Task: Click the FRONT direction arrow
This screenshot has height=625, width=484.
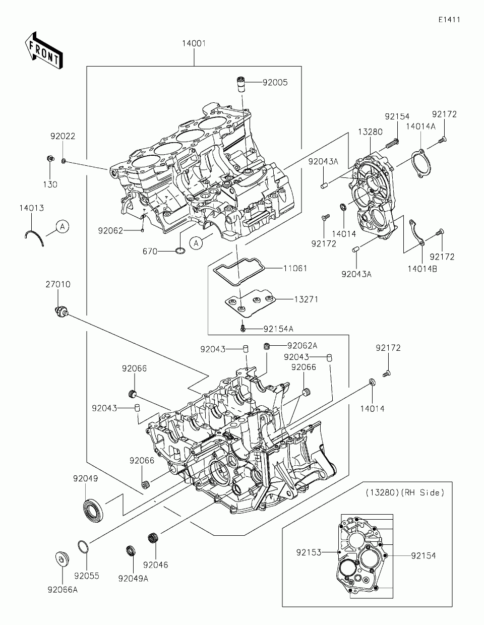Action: (x=43, y=50)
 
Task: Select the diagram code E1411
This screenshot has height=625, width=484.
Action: (x=449, y=20)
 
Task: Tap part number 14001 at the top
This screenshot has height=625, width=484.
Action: (x=194, y=44)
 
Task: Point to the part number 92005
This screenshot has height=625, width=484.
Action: (x=275, y=82)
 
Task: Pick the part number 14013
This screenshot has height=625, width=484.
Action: (x=32, y=208)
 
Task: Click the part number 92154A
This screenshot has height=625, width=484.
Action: (x=278, y=329)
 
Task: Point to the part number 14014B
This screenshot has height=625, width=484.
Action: (x=422, y=269)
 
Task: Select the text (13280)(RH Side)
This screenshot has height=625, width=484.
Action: (x=405, y=493)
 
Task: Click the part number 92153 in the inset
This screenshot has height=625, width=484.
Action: (x=309, y=552)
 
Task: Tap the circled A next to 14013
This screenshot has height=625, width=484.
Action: (x=62, y=227)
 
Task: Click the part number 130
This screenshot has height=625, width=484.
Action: (x=50, y=184)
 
